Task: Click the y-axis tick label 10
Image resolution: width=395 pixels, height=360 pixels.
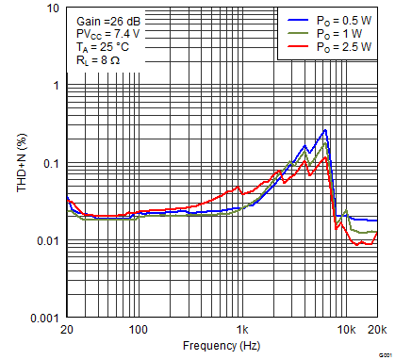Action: pos(53,8)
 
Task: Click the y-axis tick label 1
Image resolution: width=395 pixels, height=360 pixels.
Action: pos(56,86)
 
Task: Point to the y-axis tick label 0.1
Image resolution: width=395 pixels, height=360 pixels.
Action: pos(52,164)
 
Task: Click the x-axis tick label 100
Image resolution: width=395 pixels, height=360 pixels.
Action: pos(139,331)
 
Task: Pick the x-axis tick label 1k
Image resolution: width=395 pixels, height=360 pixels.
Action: pos(242,331)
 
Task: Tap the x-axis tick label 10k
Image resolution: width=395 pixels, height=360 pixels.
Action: pos(347,331)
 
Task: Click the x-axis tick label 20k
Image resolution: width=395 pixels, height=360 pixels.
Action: pos(377,331)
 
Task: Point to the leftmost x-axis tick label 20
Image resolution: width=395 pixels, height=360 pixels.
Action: pos(66,331)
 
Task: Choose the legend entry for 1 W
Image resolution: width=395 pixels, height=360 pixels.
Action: pos(337,32)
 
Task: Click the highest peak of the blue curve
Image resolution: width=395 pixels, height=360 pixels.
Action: pos(325,130)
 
